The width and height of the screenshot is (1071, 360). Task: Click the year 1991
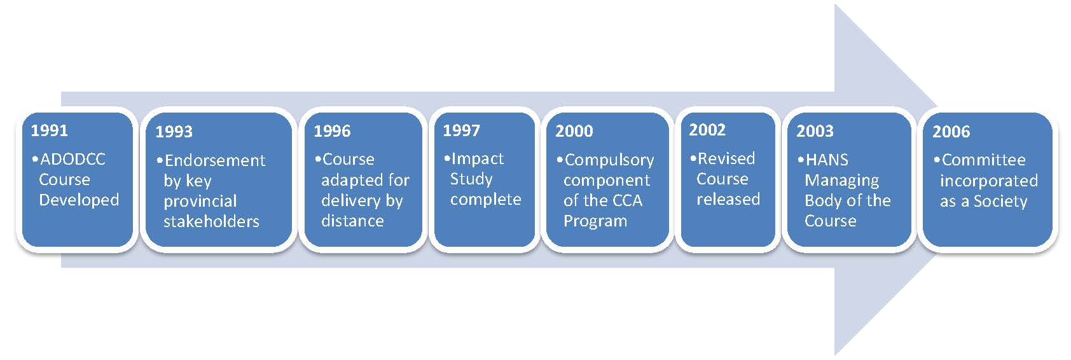click(49, 130)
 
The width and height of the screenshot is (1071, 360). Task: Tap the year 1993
click(174, 132)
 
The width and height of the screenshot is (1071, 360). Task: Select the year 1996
click(332, 131)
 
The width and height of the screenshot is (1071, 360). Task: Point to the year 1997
click(461, 130)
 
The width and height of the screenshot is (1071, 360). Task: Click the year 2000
click(574, 131)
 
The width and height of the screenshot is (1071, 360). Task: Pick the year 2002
click(708, 130)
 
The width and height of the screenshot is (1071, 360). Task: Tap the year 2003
click(815, 131)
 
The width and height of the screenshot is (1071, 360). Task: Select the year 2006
click(951, 132)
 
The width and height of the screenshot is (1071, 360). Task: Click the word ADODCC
click(73, 159)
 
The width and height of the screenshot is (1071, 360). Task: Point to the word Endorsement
click(215, 160)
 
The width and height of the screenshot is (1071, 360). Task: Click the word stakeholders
click(211, 221)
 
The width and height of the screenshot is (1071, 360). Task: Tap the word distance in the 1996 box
click(352, 221)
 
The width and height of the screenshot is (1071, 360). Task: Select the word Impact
click(477, 160)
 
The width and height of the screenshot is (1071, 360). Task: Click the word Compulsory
click(609, 161)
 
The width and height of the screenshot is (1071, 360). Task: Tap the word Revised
click(726, 158)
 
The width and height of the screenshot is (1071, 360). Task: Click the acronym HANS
click(827, 160)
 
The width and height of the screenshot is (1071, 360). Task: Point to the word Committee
click(983, 160)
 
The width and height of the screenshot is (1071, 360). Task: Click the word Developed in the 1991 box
click(79, 200)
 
